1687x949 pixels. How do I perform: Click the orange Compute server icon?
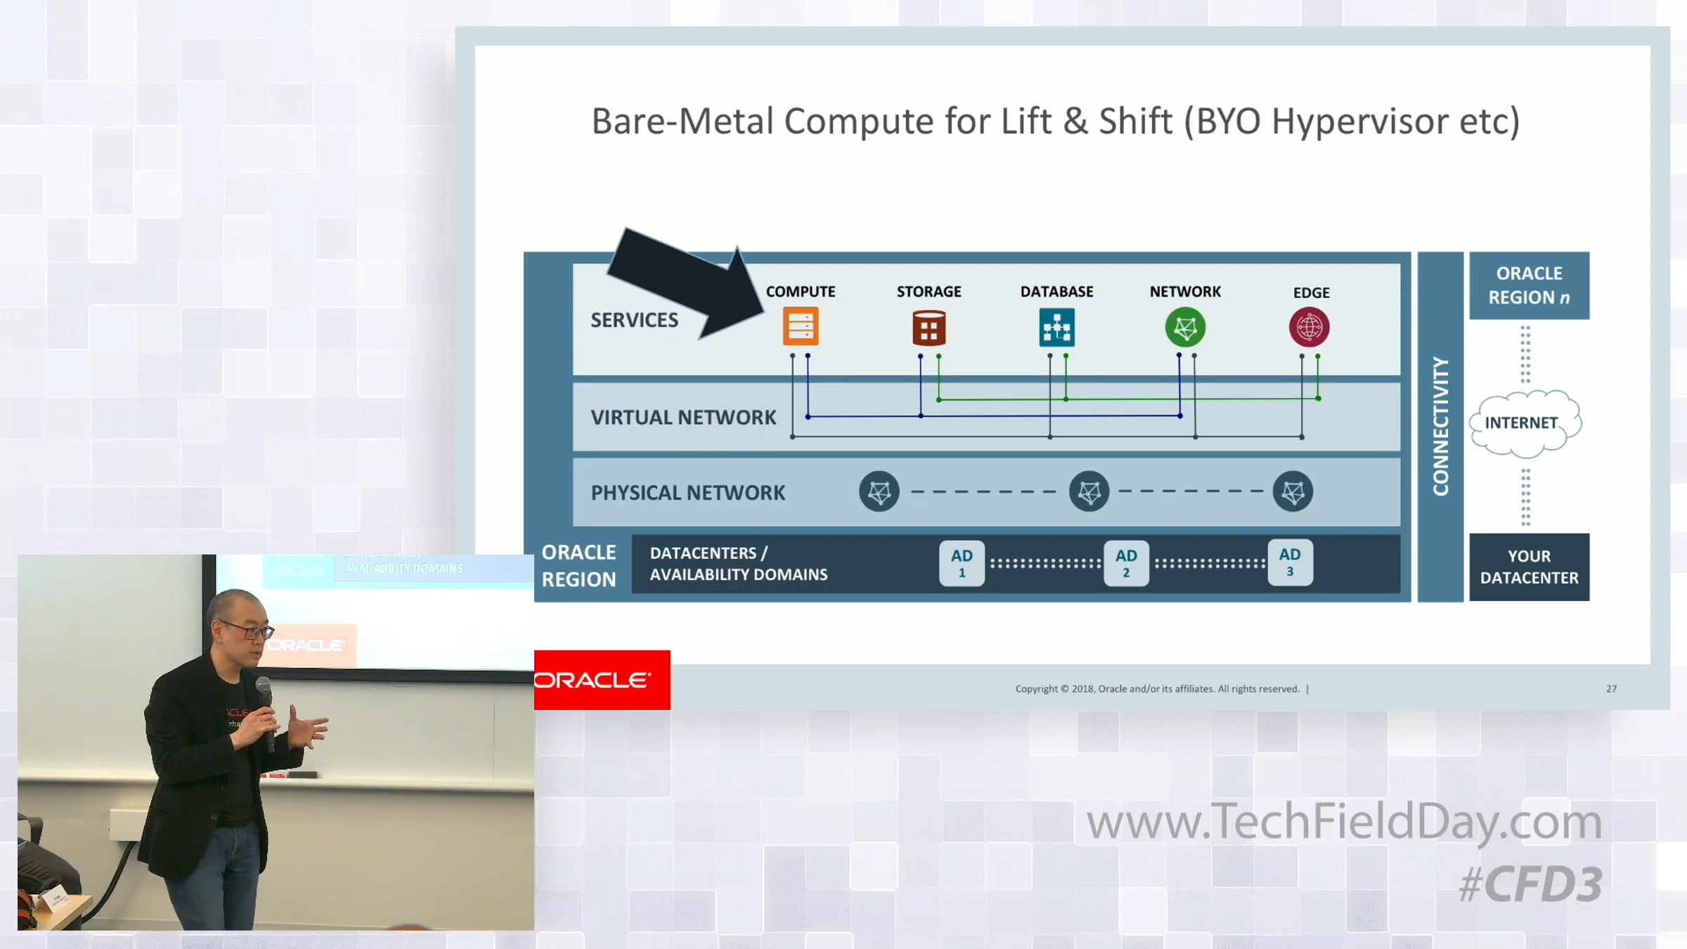801,326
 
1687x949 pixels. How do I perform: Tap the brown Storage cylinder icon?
929,328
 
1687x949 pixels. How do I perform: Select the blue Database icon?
1056,328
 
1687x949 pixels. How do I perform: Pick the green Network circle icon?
1185,328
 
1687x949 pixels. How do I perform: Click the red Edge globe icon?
1309,328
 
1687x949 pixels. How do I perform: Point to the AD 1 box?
962,563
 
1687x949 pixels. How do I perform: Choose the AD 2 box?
1126,563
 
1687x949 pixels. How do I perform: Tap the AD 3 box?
1290,562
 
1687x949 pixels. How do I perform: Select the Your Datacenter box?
1529,567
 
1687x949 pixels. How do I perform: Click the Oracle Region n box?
1529,285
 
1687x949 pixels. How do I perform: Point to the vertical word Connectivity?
1440,427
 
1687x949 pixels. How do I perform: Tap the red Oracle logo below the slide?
602,680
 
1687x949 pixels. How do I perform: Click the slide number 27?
1611,689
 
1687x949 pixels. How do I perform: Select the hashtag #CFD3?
1530,884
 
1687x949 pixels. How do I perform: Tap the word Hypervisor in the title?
1359,122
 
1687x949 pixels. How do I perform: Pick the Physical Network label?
687,493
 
